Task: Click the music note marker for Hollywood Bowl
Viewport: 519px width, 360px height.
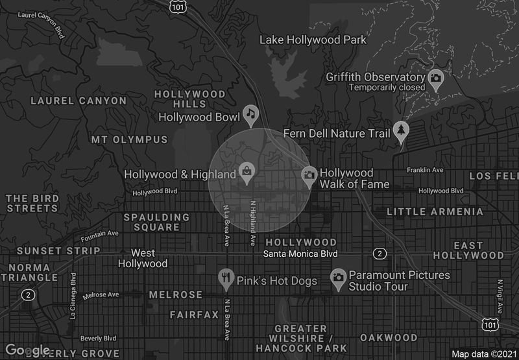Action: click(251, 114)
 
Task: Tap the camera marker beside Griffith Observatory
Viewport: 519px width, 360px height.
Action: click(436, 78)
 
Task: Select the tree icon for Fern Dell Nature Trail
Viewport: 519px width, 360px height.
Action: click(402, 130)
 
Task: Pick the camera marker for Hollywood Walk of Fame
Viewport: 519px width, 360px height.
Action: click(309, 174)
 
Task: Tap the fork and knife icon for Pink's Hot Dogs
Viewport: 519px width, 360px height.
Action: click(226, 279)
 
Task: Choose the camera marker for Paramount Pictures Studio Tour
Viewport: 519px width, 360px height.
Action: click(337, 278)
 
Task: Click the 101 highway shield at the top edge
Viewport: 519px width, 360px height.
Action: click(176, 6)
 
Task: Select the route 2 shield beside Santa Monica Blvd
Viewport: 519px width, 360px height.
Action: click(380, 253)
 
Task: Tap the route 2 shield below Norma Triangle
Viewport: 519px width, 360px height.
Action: click(27, 294)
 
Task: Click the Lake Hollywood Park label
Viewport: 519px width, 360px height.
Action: click(313, 40)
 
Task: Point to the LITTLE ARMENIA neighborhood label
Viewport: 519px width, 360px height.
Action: click(435, 211)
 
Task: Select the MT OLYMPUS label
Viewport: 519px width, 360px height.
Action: click(129, 139)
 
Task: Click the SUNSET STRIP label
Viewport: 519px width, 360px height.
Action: click(58, 250)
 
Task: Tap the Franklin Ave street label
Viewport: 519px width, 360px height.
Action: click(425, 170)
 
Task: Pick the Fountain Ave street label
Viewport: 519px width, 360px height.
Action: click(100, 234)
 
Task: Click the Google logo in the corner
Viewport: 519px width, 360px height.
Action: click(27, 350)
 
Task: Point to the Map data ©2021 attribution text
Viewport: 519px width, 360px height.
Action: click(483, 354)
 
